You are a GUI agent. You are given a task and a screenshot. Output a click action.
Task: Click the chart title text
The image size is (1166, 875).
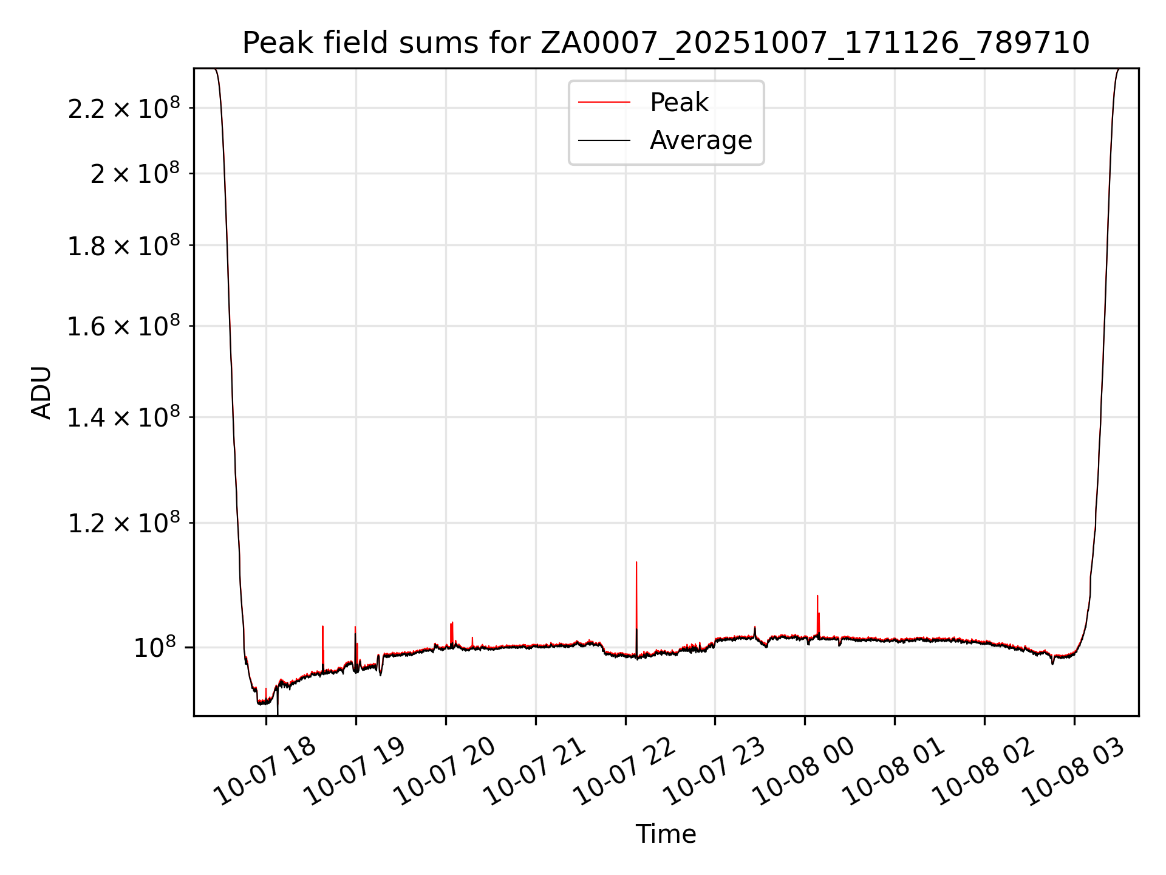point(666,43)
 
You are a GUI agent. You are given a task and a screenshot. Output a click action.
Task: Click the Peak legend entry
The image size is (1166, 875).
point(678,103)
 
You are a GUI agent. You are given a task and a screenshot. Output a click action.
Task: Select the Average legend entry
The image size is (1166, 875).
point(700,140)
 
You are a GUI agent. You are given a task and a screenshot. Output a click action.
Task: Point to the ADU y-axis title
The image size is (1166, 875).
point(41,392)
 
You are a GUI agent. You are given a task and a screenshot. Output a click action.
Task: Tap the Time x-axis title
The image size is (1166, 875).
point(666,834)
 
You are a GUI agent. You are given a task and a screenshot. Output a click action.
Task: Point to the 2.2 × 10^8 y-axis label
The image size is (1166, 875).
point(124,109)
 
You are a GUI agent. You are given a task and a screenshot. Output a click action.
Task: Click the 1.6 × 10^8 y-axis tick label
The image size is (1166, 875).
point(124,327)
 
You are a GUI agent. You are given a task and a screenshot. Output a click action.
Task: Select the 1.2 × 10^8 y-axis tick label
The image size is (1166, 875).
point(124,523)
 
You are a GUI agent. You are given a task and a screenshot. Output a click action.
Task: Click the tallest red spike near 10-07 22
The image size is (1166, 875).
point(636,565)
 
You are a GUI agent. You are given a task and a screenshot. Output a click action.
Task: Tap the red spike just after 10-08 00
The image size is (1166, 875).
point(817,599)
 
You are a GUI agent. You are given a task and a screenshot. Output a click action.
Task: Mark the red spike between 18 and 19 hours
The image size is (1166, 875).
point(322,629)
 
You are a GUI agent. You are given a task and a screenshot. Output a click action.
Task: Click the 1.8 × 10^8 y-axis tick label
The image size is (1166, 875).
point(124,246)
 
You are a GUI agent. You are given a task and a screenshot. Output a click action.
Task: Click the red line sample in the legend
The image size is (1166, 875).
point(604,103)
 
